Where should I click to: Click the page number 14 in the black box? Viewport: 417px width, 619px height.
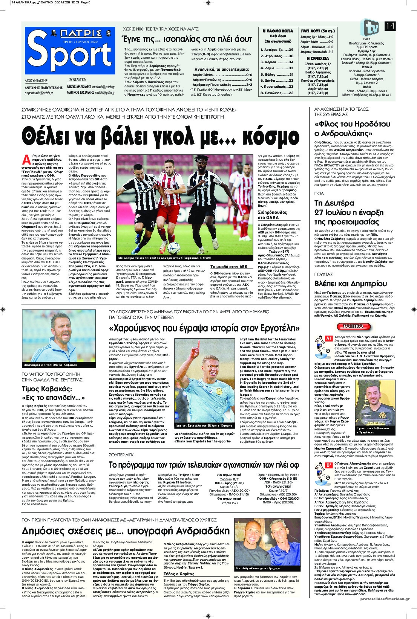(x=390, y=26)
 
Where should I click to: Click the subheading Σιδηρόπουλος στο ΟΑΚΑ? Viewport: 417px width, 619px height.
(x=272, y=215)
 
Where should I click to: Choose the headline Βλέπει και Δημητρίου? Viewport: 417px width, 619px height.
(x=345, y=284)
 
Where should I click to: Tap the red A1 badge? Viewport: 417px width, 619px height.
(x=329, y=338)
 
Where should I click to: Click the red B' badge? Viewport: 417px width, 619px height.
(x=329, y=466)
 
